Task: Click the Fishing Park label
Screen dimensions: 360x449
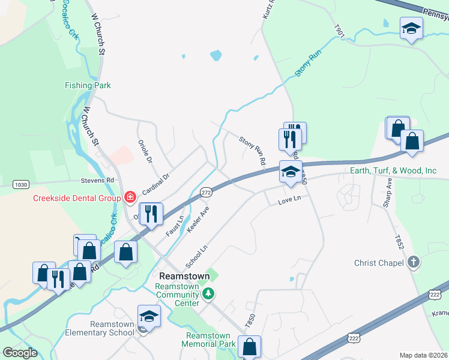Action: [x=88, y=85]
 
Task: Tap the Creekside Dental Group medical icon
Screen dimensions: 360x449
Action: [x=130, y=197]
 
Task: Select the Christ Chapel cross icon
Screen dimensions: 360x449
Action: [x=414, y=262]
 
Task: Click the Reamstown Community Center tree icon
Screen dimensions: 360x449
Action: [x=208, y=293]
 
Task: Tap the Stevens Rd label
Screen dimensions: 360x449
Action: [x=97, y=180]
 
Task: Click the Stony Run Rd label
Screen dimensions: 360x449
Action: [x=253, y=151]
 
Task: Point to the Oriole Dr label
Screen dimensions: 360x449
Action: [x=145, y=152]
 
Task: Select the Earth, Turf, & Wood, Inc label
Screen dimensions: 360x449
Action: [x=393, y=171]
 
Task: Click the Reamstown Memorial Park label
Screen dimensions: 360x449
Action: [x=210, y=340]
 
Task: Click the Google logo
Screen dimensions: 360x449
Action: [x=19, y=353]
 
